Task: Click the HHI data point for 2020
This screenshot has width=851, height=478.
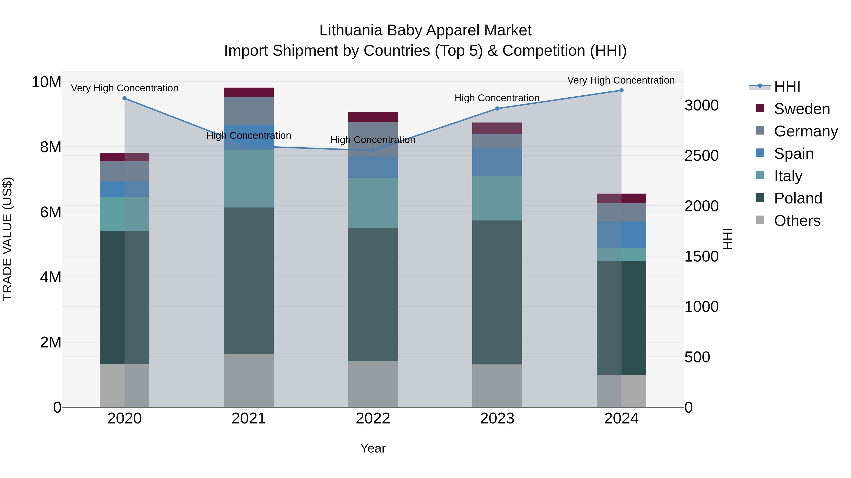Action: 125,98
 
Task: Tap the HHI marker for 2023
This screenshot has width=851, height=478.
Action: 497,109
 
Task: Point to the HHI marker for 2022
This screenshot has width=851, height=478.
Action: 373,150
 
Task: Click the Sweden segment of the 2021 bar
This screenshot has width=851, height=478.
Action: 249,92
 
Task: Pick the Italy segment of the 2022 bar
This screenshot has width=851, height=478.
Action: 373,203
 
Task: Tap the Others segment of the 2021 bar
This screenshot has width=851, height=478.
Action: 249,380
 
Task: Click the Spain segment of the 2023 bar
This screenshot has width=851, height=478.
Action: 497,162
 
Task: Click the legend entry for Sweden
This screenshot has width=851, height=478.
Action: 802,109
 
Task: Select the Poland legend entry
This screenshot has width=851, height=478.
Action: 798,198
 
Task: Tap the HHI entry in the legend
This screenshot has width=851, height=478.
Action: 787,86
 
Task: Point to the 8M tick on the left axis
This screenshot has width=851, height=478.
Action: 51,147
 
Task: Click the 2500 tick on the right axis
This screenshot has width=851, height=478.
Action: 701,156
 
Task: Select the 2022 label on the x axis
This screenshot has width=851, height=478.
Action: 373,419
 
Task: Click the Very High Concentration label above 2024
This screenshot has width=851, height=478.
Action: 621,80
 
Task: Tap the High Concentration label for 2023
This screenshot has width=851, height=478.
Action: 497,98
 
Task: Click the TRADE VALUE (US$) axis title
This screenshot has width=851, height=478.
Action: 7,239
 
